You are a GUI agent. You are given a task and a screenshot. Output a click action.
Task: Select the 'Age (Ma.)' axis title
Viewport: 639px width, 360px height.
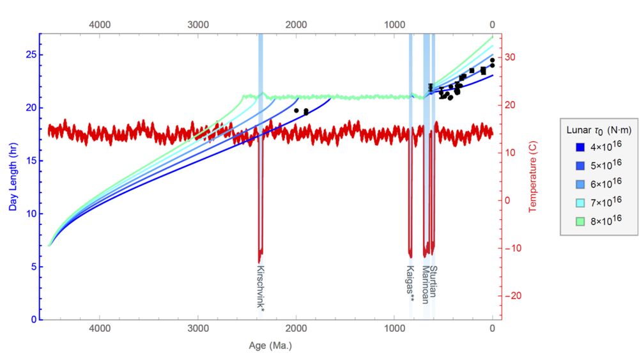point(270,346)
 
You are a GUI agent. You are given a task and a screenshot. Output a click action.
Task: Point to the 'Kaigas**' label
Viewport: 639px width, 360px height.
point(412,283)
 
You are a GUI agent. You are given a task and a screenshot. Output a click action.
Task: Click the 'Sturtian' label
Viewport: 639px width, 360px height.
point(433,281)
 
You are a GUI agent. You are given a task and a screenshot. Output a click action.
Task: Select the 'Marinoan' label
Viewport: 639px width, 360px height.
point(424,281)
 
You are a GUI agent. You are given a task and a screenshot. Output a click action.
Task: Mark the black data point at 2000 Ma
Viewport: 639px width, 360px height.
point(296,111)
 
